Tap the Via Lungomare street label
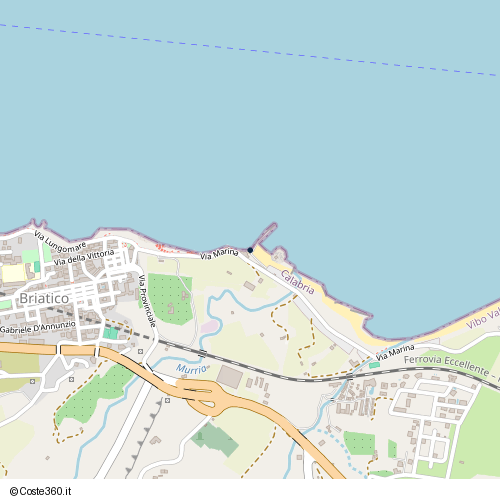click(x=60, y=242)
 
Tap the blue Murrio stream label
click(x=191, y=369)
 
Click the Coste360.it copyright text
click(x=49, y=490)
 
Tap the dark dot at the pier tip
click(x=250, y=250)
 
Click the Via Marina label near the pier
click(x=219, y=254)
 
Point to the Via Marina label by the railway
click(x=395, y=353)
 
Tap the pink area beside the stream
click(x=207, y=327)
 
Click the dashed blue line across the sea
click(x=250, y=47)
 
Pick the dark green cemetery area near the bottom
click(x=215, y=437)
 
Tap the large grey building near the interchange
click(x=231, y=377)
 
